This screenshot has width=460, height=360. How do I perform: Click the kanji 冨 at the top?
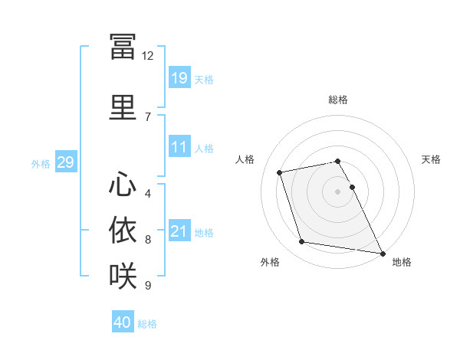[x=123, y=46]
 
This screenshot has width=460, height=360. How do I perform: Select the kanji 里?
[x=123, y=107]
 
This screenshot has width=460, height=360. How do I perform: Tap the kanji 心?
[x=123, y=184]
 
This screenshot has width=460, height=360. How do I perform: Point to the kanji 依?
[x=123, y=230]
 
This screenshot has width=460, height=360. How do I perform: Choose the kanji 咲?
[x=123, y=276]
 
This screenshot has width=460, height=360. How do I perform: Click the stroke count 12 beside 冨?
[x=147, y=56]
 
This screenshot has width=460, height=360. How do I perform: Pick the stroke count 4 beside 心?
[x=148, y=194]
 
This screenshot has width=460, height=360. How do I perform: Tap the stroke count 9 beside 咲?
[x=148, y=285]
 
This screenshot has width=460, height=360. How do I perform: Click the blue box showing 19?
[x=180, y=77]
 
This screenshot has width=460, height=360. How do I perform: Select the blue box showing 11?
[x=180, y=146]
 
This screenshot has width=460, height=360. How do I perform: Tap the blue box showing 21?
[x=180, y=230]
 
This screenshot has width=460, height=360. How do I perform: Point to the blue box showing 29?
[x=66, y=162]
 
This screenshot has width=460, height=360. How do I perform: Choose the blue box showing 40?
[x=123, y=321]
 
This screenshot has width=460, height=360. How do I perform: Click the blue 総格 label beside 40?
[x=147, y=324]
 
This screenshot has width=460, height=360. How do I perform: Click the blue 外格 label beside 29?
[x=41, y=164]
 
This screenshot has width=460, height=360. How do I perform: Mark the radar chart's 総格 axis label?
[x=338, y=100]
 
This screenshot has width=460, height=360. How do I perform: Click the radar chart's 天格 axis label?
[x=431, y=159]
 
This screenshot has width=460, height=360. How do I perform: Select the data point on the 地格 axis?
[x=383, y=254]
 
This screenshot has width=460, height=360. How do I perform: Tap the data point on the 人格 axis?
[x=279, y=172]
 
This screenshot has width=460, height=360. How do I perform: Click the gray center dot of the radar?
[x=337, y=191]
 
